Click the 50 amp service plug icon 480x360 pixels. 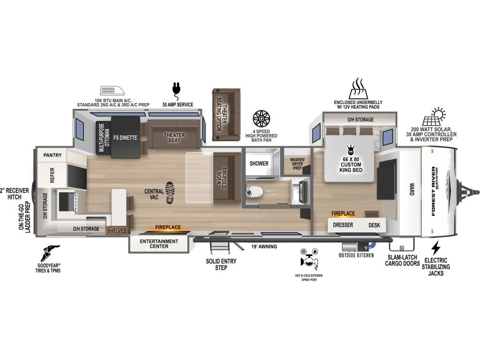pos(176,89)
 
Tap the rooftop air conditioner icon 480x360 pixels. pos(112,91)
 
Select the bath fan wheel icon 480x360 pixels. pos(261,119)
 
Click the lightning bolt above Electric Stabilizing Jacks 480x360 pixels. pos(435,248)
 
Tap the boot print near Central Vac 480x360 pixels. pos(170,193)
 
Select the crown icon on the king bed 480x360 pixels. pos(351,150)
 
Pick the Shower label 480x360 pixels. pos(259,164)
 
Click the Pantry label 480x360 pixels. pos(52,155)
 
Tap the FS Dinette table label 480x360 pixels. pos(125,137)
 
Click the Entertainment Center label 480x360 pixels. pos(159,244)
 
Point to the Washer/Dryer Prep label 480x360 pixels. pos(297,164)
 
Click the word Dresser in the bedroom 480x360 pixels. pos(343,225)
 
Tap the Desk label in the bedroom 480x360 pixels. pos(374,225)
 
